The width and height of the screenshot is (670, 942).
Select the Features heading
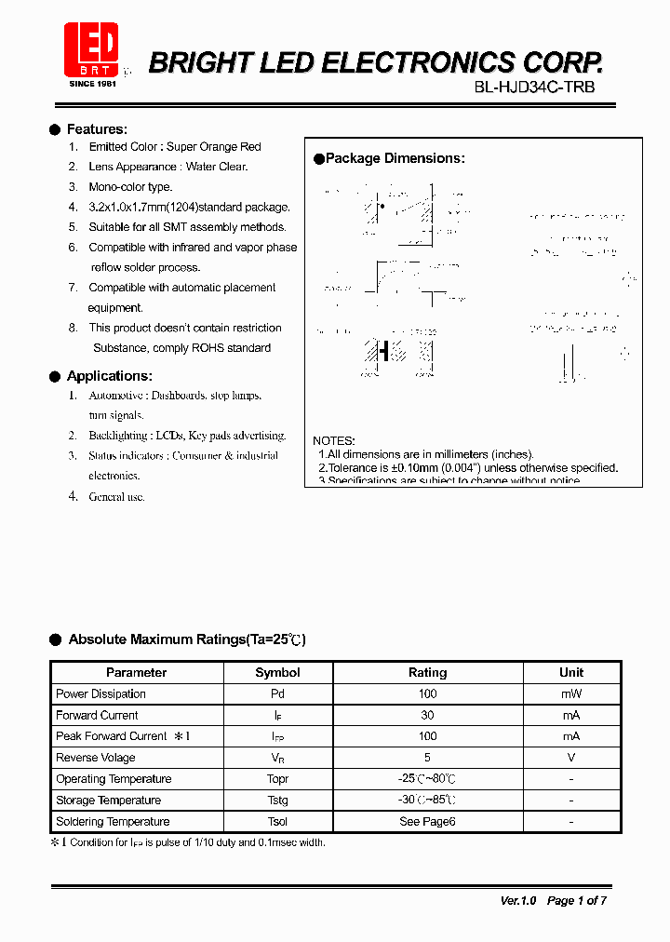[x=97, y=129]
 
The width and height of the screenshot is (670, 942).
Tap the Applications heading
[x=109, y=376]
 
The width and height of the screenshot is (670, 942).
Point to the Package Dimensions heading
[x=395, y=158]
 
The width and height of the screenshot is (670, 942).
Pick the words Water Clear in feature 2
[x=217, y=167]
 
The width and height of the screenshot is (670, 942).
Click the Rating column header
[x=427, y=672]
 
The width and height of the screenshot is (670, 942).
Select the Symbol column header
[x=277, y=672]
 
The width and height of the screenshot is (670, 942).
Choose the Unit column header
[x=571, y=672]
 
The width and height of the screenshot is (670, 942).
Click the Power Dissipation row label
[x=100, y=693]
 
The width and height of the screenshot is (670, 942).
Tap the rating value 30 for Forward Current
[x=427, y=715]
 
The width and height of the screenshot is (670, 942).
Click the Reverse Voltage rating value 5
[x=427, y=758]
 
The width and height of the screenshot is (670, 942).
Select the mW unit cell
[x=571, y=693]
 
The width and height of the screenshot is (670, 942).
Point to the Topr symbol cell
[x=277, y=779]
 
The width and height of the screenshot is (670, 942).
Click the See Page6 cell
[x=427, y=822]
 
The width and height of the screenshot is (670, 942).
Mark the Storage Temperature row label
[x=108, y=801]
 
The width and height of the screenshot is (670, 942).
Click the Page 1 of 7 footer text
[x=577, y=900]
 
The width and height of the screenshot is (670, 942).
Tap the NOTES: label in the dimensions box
[x=333, y=440]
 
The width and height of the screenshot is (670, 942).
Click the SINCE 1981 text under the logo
[x=93, y=84]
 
